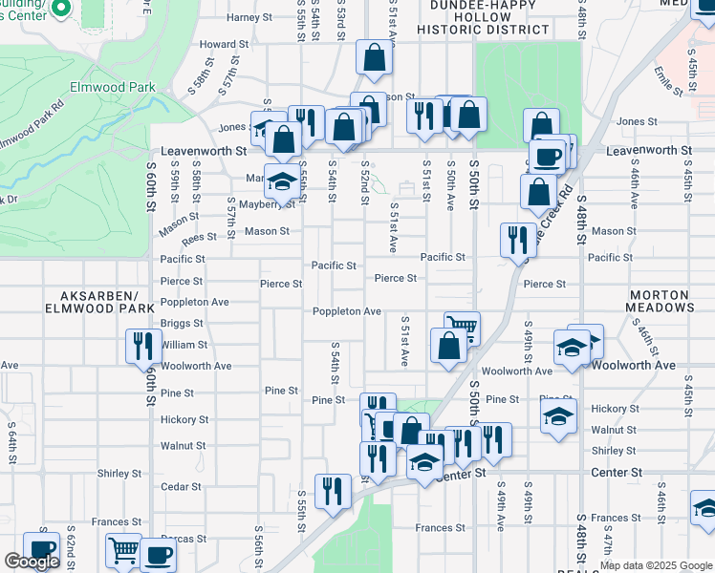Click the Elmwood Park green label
click(113, 87)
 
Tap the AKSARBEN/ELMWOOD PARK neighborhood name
click(99, 302)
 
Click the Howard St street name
click(224, 44)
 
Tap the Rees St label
click(193, 237)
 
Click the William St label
click(184, 345)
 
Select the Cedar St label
click(182, 486)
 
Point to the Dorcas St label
click(184, 539)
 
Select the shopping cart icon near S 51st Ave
click(462, 327)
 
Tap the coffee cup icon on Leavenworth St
click(548, 156)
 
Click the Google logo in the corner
click(32, 562)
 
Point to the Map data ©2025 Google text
click(657, 565)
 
